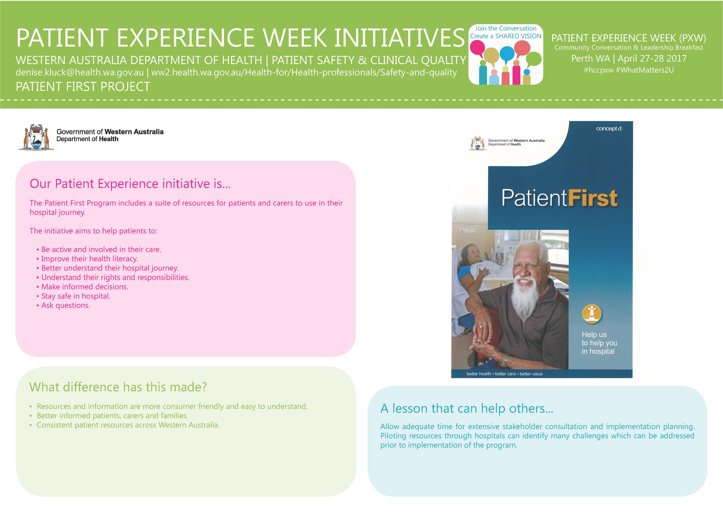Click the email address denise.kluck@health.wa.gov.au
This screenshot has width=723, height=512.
(80, 72)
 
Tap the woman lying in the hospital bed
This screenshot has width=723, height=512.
(472, 268)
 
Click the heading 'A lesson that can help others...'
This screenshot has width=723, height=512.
(467, 409)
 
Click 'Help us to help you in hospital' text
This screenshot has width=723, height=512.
(599, 343)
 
